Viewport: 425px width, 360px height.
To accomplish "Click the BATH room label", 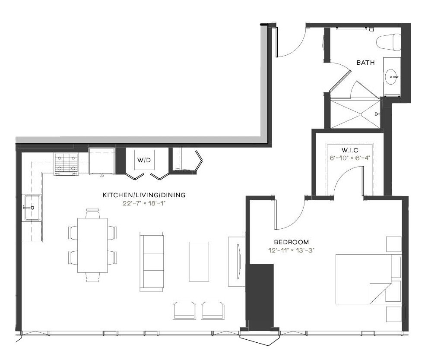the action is tap(365, 63).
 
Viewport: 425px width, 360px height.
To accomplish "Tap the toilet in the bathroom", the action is tap(388, 42).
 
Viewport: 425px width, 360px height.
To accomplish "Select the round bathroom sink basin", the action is tap(392, 77).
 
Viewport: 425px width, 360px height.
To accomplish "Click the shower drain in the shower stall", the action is tap(360, 114).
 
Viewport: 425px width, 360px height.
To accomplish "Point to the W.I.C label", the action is tap(350, 150).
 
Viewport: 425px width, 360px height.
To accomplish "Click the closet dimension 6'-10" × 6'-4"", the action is tap(350, 158).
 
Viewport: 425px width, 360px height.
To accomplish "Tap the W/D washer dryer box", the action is tap(144, 160).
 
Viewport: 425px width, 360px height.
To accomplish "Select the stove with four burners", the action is tap(67, 164).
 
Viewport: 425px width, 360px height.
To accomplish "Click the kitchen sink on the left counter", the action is tap(32, 208).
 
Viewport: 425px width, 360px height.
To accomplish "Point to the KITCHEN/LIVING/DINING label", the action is tap(144, 195).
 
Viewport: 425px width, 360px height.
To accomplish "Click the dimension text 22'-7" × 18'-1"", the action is tap(144, 203).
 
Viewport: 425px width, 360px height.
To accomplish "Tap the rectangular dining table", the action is tap(92, 245).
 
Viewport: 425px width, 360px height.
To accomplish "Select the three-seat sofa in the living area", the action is tap(152, 262).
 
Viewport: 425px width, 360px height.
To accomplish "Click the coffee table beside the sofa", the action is tap(199, 262).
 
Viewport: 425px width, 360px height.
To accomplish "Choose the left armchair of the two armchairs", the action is tap(184, 311).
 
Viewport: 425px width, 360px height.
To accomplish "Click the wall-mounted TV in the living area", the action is tap(238, 262).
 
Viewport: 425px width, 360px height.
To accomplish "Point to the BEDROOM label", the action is tap(292, 242).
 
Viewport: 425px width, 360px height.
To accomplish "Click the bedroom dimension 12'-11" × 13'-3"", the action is tap(292, 250).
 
